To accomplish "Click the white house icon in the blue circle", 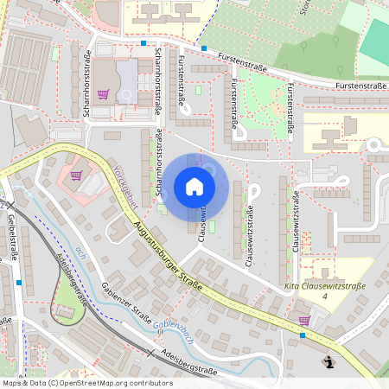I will [194, 186].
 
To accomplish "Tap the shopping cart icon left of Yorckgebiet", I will [76, 175].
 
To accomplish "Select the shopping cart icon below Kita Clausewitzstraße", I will [303, 320].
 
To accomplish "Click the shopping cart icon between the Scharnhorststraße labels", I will [103, 94].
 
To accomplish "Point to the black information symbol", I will [328, 362].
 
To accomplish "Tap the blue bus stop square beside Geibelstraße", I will [18, 282].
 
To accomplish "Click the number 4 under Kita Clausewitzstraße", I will [325, 297].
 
